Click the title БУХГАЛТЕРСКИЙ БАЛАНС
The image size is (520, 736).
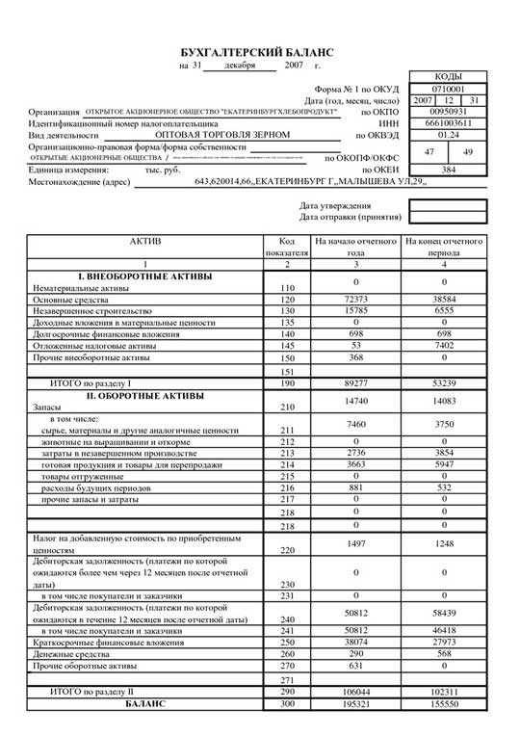pos(258,51)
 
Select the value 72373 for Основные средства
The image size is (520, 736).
pos(355,302)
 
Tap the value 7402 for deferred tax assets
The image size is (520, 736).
pos(443,344)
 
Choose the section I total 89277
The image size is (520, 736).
pos(355,382)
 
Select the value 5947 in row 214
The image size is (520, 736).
pos(443,463)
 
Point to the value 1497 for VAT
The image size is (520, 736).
pos(355,544)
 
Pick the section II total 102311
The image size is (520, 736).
pos(443,692)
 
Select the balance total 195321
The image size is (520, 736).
pos(355,705)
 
